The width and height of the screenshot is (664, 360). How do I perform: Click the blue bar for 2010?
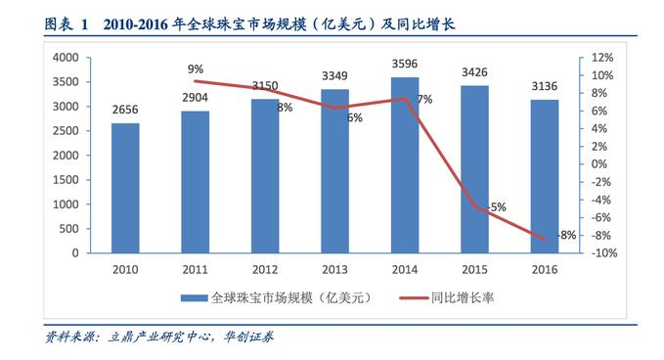(x=125, y=188)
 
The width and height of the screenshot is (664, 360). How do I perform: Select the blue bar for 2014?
(x=405, y=165)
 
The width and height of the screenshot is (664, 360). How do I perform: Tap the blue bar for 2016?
(x=545, y=176)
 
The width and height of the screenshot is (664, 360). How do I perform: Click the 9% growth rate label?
(x=196, y=68)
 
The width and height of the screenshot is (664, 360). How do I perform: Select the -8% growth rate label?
(x=565, y=236)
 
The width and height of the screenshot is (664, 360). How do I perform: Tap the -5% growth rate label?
(x=496, y=207)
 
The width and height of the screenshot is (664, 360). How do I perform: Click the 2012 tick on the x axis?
(x=265, y=270)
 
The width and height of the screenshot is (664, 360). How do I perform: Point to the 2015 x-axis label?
(x=474, y=270)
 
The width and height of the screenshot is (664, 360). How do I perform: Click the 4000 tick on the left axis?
(x=65, y=58)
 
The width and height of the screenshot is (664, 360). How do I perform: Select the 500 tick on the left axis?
(x=68, y=229)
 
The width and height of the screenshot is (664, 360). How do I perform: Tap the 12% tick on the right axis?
(x=601, y=58)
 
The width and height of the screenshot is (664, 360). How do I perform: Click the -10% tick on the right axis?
(x=601, y=253)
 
